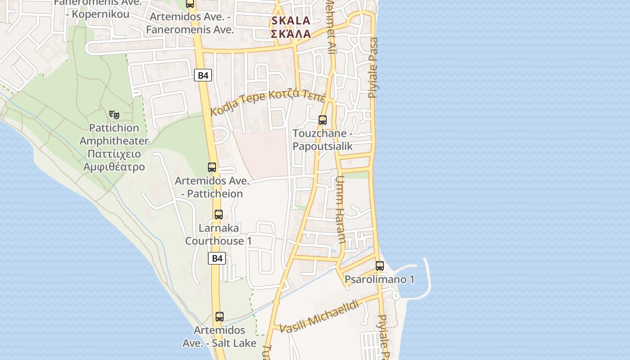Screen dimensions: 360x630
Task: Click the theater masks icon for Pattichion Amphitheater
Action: (114, 115)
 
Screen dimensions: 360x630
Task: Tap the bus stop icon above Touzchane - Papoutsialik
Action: (322, 120)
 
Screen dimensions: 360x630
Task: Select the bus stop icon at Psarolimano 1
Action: (380, 266)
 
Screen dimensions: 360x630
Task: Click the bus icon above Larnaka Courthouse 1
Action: (219, 215)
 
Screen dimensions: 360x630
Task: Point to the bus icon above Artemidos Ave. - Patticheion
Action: (212, 167)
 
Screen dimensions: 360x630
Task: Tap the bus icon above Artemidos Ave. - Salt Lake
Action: (219, 317)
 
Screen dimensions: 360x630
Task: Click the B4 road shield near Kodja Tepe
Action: (203, 75)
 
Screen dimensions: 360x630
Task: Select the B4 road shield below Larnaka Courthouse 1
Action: (217, 258)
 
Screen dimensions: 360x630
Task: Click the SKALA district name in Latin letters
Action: (291, 21)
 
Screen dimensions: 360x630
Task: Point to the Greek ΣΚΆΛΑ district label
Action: (291, 34)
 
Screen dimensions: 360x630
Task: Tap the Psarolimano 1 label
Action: (379, 279)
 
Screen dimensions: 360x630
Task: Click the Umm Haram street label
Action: (340, 209)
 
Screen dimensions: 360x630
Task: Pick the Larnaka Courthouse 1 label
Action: (218, 234)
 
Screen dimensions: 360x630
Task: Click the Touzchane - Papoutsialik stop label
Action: (322, 140)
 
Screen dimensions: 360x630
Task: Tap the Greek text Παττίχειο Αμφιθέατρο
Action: (114, 160)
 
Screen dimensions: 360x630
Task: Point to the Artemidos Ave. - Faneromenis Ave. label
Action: (190, 23)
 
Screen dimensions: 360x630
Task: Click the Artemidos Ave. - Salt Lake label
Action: (219, 337)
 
